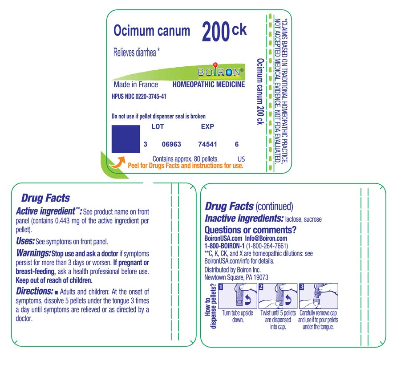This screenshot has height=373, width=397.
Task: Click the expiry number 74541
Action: click(207, 144)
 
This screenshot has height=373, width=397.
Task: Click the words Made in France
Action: click(136, 85)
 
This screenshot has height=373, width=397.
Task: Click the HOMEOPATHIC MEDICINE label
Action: click(208, 85)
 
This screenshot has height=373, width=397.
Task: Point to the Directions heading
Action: click(34, 291)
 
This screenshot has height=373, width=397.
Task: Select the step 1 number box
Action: click(221, 287)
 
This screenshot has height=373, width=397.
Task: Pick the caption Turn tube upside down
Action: click(237, 316)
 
